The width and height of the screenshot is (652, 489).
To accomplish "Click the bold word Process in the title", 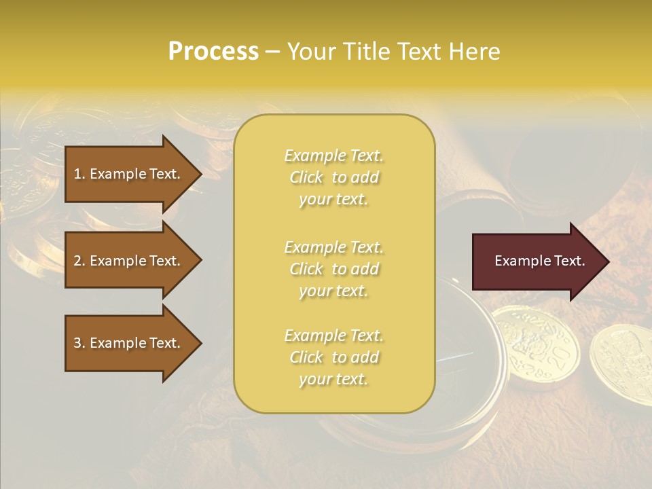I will coord(213,52).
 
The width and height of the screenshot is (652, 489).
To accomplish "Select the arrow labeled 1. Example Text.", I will coord(129,174).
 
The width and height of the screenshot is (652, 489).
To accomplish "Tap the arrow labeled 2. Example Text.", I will coord(129,261).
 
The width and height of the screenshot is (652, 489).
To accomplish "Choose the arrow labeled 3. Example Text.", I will coord(129,344).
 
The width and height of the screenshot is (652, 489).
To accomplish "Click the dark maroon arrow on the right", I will coord(537,261).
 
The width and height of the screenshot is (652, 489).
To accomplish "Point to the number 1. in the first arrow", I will coord(79,174).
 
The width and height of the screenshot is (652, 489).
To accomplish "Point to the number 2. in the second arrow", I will coord(79,261).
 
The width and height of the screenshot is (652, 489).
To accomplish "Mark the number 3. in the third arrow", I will coord(79,344).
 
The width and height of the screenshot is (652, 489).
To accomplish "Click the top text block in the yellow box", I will coord(333,177).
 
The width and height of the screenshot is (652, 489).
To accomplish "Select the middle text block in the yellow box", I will coord(333,269).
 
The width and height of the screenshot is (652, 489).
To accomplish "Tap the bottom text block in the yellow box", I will coord(333,357).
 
